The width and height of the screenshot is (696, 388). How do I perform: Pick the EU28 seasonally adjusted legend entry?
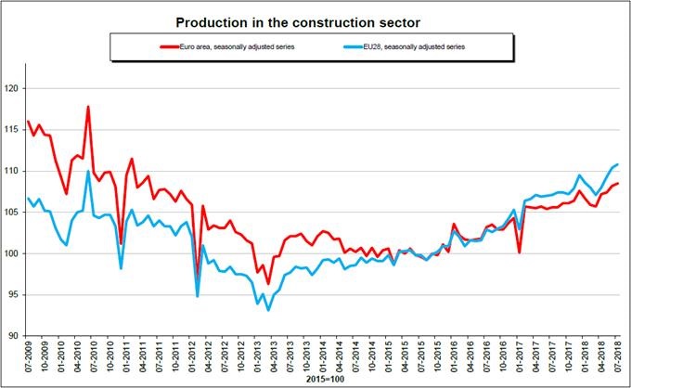click(412, 45)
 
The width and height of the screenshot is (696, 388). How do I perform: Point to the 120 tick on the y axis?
click(14, 89)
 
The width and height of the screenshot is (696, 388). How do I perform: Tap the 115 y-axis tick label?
click(14, 130)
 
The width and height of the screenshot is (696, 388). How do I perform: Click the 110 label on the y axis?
click(14, 172)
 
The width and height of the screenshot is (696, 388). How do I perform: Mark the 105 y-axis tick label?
click(14, 213)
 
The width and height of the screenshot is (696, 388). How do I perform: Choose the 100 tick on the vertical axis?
click(14, 253)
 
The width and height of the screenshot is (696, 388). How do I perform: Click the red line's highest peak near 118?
click(88, 107)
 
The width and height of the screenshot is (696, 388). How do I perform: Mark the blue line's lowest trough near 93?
click(268, 309)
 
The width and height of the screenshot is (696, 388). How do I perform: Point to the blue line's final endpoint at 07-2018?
click(618, 164)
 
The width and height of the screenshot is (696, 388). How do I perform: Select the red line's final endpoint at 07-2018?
click(618, 184)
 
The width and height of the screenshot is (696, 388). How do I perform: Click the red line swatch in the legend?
click(170, 45)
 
